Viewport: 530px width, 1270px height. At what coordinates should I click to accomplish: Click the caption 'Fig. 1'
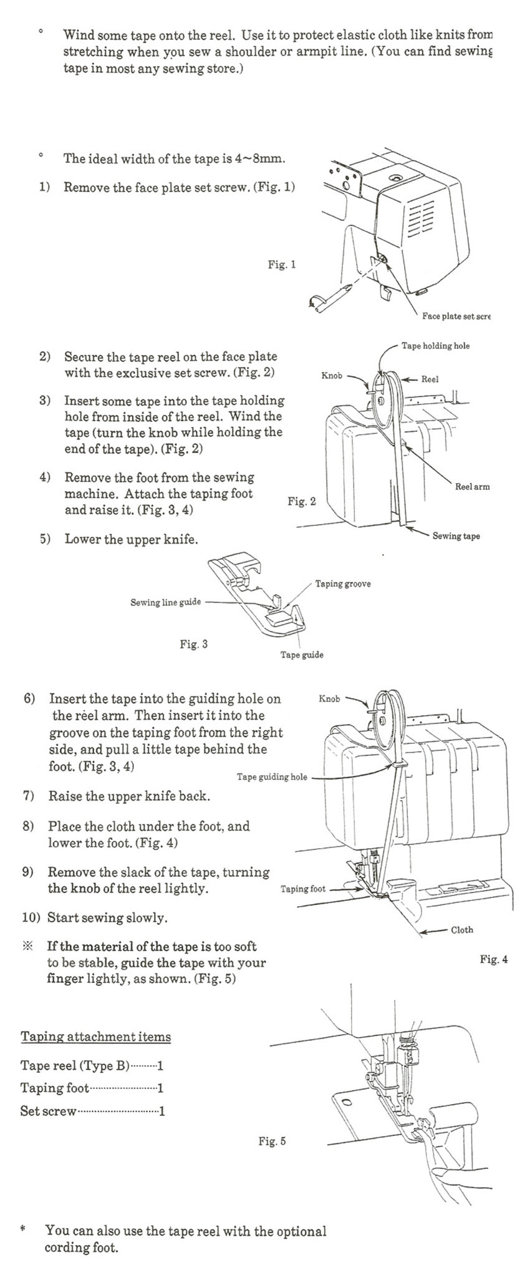click(282, 265)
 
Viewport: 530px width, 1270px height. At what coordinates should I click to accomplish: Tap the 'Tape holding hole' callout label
click(435, 346)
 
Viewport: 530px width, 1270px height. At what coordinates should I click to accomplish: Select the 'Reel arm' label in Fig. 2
click(472, 487)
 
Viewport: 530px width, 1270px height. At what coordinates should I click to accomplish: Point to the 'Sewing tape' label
click(456, 536)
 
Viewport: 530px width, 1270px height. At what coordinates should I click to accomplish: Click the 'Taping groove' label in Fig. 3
click(342, 584)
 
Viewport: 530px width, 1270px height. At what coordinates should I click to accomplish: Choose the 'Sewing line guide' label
click(165, 602)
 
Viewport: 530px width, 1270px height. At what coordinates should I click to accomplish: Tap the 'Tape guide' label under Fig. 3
click(302, 655)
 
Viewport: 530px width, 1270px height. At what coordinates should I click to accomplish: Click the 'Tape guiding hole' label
click(272, 777)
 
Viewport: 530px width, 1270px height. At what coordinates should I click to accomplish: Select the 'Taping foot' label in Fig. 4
click(303, 889)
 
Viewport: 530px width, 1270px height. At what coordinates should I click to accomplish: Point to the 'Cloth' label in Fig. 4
click(461, 930)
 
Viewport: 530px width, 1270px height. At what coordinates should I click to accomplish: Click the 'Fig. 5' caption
click(272, 1141)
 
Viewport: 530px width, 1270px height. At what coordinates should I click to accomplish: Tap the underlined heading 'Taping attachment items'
click(95, 1037)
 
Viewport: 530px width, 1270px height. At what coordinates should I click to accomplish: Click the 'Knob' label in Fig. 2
click(332, 376)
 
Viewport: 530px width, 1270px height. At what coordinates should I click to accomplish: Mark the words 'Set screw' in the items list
click(48, 1111)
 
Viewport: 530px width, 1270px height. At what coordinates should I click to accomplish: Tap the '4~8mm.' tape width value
click(261, 159)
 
